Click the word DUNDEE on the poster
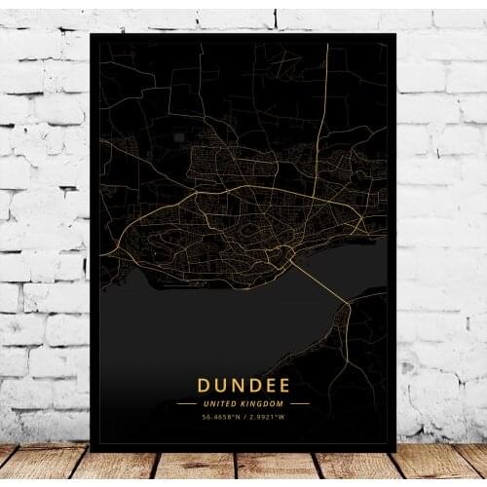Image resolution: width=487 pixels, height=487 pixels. click(x=243, y=386)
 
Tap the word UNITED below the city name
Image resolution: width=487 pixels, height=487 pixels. click(x=223, y=403)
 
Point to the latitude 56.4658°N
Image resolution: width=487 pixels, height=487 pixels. click(x=222, y=419)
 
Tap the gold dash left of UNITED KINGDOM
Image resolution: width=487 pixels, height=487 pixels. click(x=185, y=403)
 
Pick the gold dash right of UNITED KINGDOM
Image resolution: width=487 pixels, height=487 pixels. click(x=300, y=403)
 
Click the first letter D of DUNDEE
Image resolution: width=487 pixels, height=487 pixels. click(x=206, y=386)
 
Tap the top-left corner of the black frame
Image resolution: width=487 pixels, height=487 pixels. click(x=92, y=35)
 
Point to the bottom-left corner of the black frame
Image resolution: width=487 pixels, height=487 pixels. click(x=92, y=450)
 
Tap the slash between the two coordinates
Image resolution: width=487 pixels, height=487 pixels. click(x=244, y=419)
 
